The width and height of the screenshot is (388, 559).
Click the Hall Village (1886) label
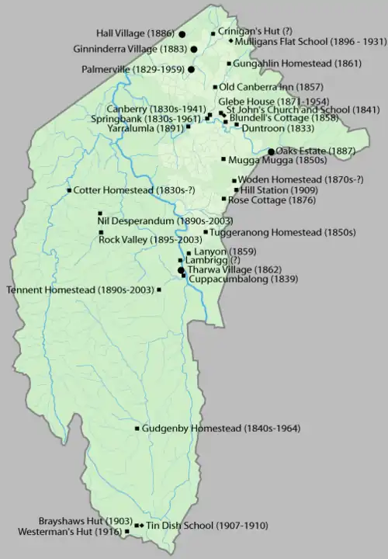pyautogui.click(x=135, y=34)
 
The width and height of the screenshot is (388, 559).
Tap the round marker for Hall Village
pyautogui.click(x=182, y=35)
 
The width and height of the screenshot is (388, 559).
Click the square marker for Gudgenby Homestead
pyautogui.click(x=137, y=428)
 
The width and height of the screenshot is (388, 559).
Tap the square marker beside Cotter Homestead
pyautogui.click(x=70, y=190)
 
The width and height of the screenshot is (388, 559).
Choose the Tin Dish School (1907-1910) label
pyautogui.click(x=206, y=526)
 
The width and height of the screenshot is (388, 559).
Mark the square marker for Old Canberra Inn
pyautogui.click(x=215, y=87)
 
